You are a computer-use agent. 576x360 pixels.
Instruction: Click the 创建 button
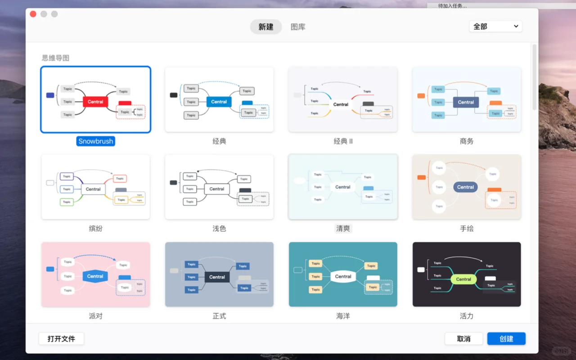pyautogui.click(x=506, y=339)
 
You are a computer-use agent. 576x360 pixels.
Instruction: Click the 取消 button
pyautogui.click(x=463, y=339)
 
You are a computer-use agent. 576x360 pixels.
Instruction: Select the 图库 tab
pyautogui.click(x=298, y=27)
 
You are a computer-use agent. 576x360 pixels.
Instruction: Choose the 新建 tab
pyautogui.click(x=266, y=27)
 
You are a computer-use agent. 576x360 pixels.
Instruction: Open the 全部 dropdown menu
pyautogui.click(x=495, y=27)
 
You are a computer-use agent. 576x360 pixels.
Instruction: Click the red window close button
pyautogui.click(x=33, y=14)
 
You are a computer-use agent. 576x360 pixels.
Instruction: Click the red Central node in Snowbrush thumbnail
pyautogui.click(x=95, y=102)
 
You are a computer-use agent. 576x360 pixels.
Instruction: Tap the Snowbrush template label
pyautogui.click(x=95, y=141)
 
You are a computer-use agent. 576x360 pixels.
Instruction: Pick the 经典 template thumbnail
pyautogui.click(x=219, y=99)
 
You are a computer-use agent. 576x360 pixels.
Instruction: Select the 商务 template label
pyautogui.click(x=467, y=141)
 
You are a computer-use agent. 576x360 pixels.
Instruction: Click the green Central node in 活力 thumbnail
pyautogui.click(x=463, y=279)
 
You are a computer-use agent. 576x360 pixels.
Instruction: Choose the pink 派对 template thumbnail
pyautogui.click(x=95, y=274)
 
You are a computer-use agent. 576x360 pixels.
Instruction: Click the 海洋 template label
pyautogui.click(x=343, y=316)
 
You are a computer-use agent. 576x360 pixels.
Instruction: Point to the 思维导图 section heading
pyautogui.click(x=56, y=58)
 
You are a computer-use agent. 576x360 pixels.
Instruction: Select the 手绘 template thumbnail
pyautogui.click(x=467, y=187)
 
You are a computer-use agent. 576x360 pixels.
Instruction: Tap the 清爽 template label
pyautogui.click(x=343, y=229)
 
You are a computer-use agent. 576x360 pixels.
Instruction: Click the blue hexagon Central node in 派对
pyautogui.click(x=95, y=276)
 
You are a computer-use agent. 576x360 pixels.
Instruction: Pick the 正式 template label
pyautogui.click(x=219, y=316)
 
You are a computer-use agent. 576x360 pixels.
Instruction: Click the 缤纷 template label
pyautogui.click(x=95, y=229)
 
